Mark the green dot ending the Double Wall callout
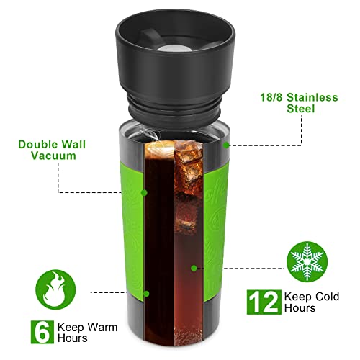145,192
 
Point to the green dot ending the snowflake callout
194,267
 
